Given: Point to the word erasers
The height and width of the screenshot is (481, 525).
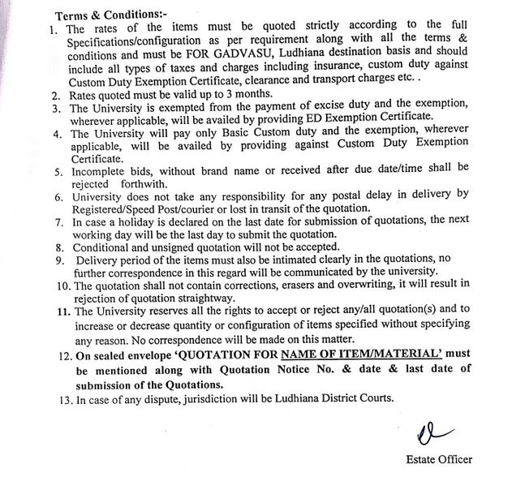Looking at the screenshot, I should [x=320, y=283].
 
